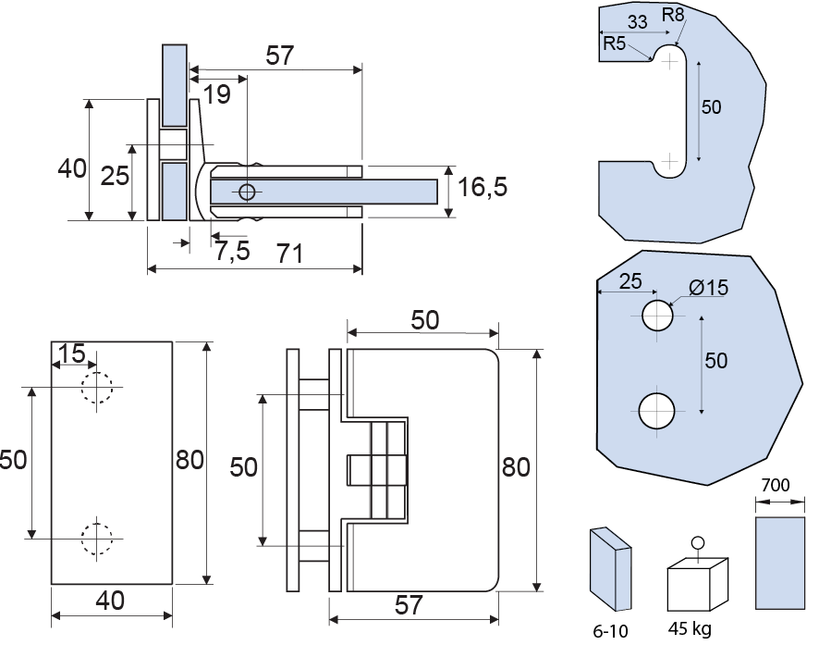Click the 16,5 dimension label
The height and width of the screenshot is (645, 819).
[483, 188]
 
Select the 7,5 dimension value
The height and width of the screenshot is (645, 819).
[232, 250]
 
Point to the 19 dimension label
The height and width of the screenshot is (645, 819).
[217, 94]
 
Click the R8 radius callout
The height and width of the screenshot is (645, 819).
[673, 15]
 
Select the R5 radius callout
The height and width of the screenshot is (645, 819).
[615, 43]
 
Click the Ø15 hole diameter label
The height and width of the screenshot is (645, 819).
[709, 287]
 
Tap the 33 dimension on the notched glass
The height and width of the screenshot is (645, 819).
[637, 21]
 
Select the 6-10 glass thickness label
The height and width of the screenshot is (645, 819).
[611, 630]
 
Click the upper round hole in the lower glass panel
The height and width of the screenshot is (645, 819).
[658, 316]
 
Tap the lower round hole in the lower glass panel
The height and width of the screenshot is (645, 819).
[658, 410]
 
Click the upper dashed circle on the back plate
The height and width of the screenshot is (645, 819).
[96, 386]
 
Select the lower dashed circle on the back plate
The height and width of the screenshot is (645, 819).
[96, 539]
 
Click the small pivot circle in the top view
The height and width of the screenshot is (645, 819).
[246, 192]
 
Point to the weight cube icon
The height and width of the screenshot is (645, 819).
[697, 581]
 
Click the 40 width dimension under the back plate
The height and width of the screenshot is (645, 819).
[110, 601]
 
